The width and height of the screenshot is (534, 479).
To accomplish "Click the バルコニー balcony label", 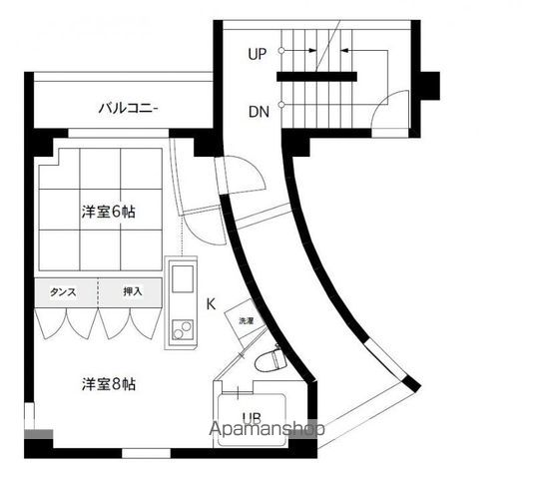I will click(x=128, y=108).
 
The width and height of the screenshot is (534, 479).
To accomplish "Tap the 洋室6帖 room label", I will click(x=108, y=212).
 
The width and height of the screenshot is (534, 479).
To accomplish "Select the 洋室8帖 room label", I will click(x=108, y=383).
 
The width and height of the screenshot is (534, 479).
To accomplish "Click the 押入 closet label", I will click(x=132, y=292).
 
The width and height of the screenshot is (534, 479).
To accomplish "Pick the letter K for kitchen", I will click(x=211, y=303).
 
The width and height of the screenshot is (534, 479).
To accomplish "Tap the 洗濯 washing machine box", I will click(x=246, y=321).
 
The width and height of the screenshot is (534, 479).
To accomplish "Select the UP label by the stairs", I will click(x=257, y=55).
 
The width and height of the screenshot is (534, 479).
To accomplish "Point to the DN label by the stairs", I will click(x=257, y=111).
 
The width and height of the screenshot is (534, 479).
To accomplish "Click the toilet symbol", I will click(x=267, y=360).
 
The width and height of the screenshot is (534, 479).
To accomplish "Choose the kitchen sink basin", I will click(x=184, y=278).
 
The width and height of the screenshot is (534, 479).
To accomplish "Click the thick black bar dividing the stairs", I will click(x=317, y=77).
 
